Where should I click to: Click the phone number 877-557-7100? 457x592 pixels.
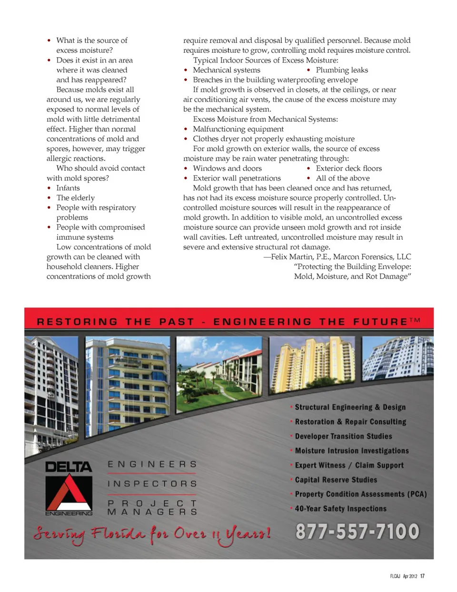[357, 532]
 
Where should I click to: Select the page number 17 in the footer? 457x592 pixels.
[422, 576]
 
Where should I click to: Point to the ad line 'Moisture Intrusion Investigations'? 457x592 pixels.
[351, 451]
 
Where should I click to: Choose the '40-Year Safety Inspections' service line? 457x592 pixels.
[340, 509]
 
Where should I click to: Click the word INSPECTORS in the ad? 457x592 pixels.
[152, 484]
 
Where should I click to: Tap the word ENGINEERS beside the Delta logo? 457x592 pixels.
[152, 464]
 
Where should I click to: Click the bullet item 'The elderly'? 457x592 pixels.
[75, 198]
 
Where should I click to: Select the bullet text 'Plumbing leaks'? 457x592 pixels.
[342, 70]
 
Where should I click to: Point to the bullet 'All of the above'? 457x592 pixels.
[343, 178]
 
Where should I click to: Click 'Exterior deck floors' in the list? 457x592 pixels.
[348, 168]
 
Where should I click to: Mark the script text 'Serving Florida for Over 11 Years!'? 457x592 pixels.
[152, 534]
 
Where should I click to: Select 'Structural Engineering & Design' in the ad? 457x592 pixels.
[350, 408]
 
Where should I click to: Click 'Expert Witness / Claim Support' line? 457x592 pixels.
[349, 466]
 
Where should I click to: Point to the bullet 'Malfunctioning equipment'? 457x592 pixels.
[238, 129]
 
